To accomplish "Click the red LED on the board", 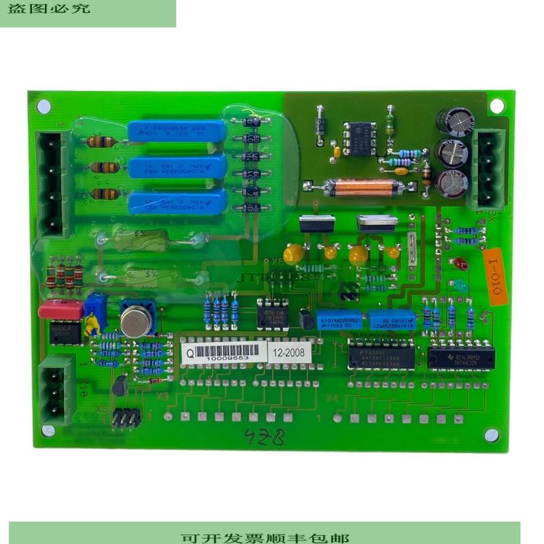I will (x=460, y=263).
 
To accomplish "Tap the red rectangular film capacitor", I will (x=61, y=309).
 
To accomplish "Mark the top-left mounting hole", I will (x=44, y=106).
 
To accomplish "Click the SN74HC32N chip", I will (x=460, y=358).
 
